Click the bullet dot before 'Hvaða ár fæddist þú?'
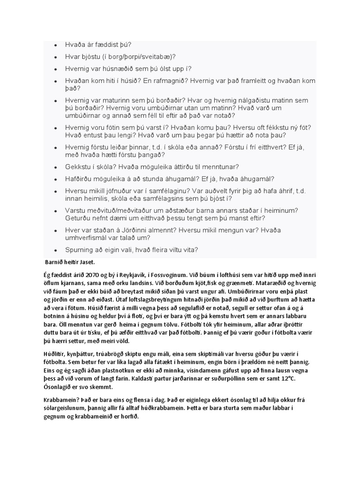pos(55,45)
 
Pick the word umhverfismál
pos(90,238)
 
